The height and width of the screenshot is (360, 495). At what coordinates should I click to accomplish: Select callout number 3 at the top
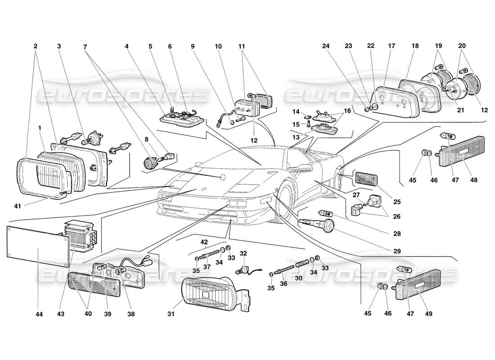point(59,45)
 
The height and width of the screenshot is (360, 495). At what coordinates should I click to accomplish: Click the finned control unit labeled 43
point(81,237)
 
